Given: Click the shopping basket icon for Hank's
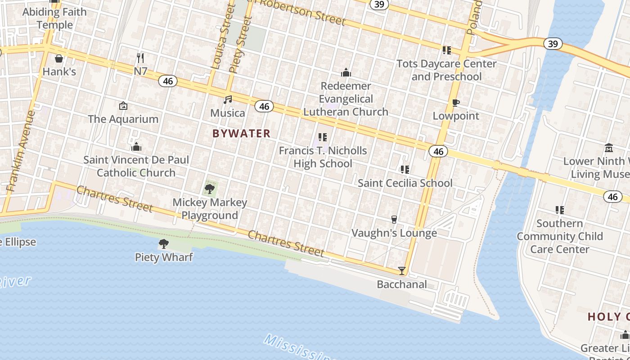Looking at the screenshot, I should (59, 58).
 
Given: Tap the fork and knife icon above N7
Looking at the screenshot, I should (140, 58).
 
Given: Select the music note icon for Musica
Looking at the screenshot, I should (228, 100).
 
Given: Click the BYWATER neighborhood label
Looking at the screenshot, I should (242, 133).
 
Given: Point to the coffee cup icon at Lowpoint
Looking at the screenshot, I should (456, 103).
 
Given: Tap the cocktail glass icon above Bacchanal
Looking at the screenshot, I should (402, 271).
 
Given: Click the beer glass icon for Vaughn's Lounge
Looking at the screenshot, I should (394, 220).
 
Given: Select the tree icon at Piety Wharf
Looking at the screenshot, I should (164, 244).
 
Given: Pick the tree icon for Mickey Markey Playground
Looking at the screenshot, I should (210, 189).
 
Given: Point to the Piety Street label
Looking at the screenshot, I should (240, 45).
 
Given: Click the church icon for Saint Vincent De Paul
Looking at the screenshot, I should (136, 147).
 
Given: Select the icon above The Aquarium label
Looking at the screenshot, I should (123, 106).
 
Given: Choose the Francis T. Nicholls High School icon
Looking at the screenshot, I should (322, 137).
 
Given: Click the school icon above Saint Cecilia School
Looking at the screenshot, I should (405, 170).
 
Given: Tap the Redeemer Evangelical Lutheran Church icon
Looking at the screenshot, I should (346, 72).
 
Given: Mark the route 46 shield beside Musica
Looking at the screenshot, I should (264, 106).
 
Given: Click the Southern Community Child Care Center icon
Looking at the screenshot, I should (560, 210).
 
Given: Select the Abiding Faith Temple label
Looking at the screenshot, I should (54, 18).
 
